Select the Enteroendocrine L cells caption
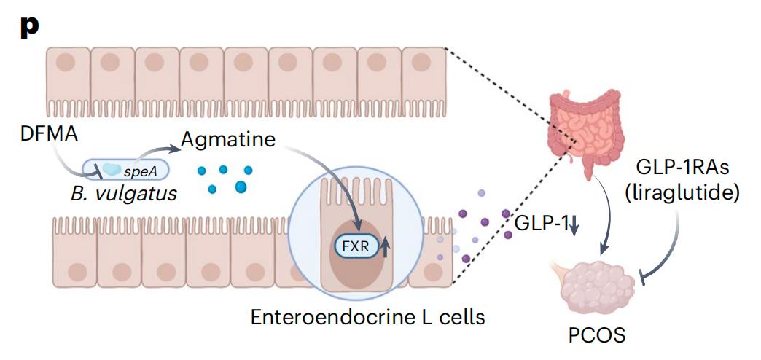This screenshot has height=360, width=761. click(367, 317)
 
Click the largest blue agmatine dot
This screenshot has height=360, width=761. click(241, 187)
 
